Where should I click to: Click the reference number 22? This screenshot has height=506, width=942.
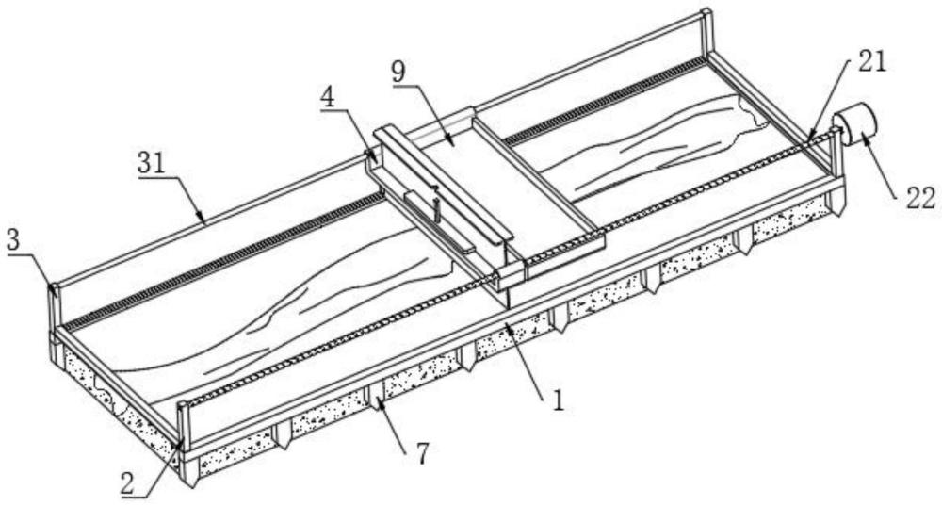click(920, 198)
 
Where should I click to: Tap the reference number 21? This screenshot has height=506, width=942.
click(871, 60)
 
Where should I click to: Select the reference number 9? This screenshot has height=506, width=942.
click(398, 73)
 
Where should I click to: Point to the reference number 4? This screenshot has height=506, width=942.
click(328, 97)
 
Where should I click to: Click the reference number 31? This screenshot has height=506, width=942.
click(152, 163)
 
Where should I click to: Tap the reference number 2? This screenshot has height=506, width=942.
click(127, 482)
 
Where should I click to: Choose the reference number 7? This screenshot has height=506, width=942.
click(423, 453)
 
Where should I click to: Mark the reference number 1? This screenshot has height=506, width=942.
click(558, 400)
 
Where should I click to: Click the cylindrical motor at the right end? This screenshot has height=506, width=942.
click(855, 124)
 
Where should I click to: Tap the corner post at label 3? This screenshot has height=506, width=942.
click(54, 310)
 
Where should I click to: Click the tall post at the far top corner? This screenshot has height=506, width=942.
click(707, 33)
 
